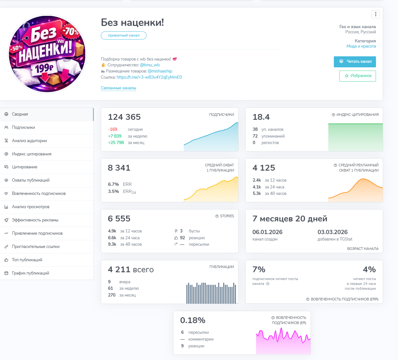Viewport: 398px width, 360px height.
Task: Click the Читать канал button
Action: tap(355, 62)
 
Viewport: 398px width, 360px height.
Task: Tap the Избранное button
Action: tap(357, 76)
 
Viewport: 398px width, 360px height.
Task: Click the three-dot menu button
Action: tap(376, 14)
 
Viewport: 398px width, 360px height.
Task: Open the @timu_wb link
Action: tap(150, 65)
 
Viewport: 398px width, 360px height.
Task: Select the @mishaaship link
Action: tap(160, 71)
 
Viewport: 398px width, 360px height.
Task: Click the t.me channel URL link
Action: tap(149, 77)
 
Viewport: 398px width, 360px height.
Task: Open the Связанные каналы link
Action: tap(118, 88)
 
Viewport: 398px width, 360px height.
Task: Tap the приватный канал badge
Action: tap(123, 36)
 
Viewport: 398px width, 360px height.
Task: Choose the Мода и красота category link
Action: tap(361, 46)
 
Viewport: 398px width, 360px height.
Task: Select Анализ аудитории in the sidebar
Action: tap(29, 141)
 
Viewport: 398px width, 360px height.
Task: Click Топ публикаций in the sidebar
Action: tap(27, 260)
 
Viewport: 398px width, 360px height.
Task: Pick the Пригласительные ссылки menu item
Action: tap(36, 247)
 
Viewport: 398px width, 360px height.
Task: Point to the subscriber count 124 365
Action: tap(124, 117)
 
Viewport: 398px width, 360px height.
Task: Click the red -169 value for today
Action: tap(113, 129)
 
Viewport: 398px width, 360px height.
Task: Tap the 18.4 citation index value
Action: tap(261, 117)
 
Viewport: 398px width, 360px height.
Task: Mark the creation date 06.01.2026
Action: tap(267, 232)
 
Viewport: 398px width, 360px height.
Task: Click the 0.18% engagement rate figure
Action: tap(193, 321)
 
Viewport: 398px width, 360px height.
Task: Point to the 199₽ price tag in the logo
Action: tap(44, 68)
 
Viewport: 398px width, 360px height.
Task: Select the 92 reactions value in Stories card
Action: tap(182, 238)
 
